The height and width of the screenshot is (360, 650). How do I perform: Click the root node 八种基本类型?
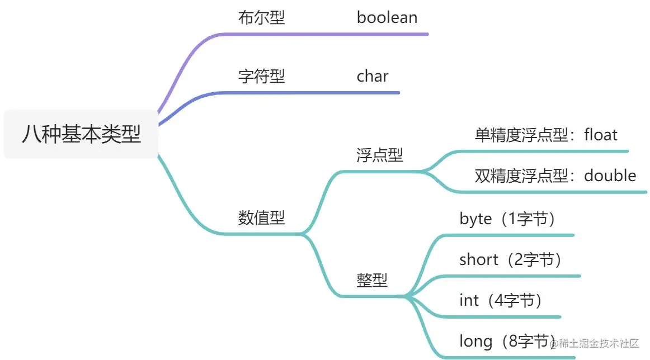tap(81, 135)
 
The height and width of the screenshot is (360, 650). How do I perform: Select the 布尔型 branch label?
tap(261, 17)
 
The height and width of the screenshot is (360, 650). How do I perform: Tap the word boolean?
tap(387, 17)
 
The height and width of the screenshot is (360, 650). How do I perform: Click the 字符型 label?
tap(261, 76)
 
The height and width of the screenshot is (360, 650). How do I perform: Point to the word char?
tap(373, 76)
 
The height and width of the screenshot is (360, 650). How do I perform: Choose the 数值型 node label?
tap(261, 217)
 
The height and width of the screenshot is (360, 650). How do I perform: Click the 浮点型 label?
tap(379, 155)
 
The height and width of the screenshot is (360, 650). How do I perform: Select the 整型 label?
tap(371, 280)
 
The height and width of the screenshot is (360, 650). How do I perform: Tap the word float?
tap(601, 135)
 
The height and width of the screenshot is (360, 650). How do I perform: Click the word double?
tap(610, 176)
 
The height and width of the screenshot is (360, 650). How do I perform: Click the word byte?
tap(475, 219)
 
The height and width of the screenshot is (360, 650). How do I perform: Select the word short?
tap(478, 259)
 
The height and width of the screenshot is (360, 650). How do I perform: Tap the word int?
tap(469, 300)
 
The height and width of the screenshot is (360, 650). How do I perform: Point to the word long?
tap(475, 341)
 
